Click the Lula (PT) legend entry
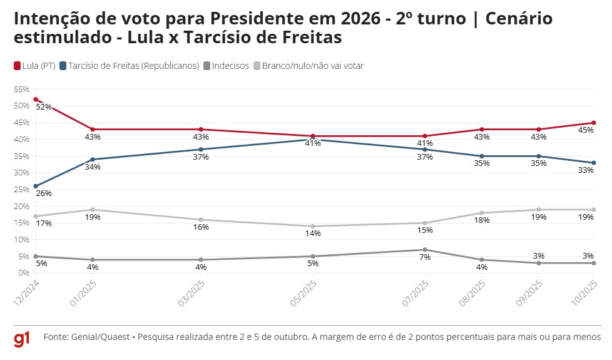[35, 66]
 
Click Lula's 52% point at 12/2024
[36, 99]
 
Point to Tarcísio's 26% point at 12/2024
[36, 186]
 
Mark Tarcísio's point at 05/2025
[313, 140]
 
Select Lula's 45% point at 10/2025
[593, 123]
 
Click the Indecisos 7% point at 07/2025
[425, 250]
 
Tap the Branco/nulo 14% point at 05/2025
[313, 226]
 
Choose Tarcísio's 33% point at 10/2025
[593, 163]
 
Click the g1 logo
[23, 339]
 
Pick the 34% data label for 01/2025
[93, 167]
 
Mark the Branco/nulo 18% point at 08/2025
[481, 213]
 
